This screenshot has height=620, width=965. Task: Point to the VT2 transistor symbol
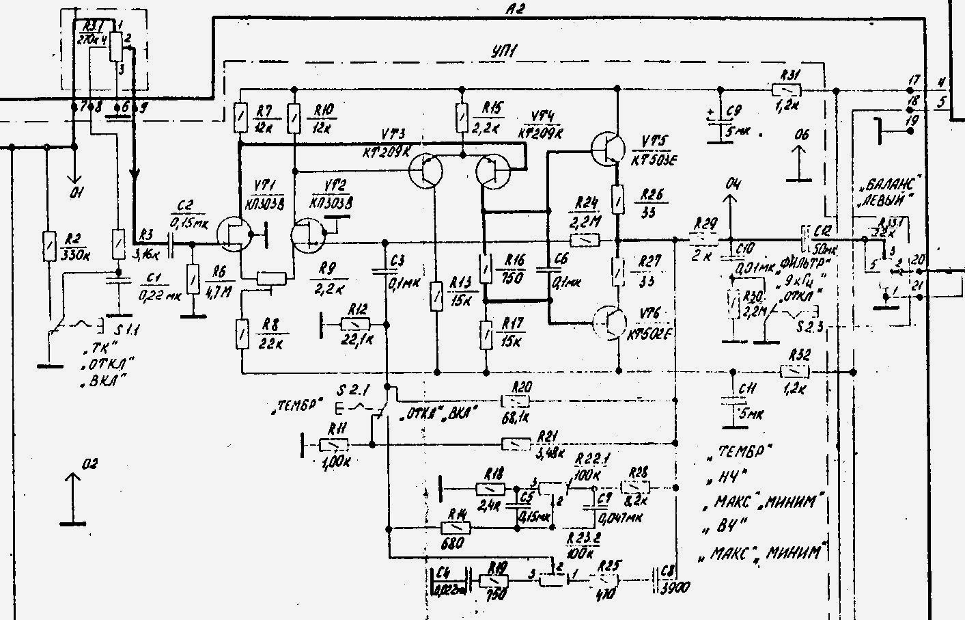[307, 234]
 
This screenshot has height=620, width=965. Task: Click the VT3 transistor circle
[426, 170]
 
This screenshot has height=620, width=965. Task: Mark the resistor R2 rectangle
[48, 247]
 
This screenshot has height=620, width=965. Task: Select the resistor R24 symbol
[586, 241]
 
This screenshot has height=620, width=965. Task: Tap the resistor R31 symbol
[787, 90]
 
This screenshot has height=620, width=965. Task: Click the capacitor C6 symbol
[548, 270]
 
